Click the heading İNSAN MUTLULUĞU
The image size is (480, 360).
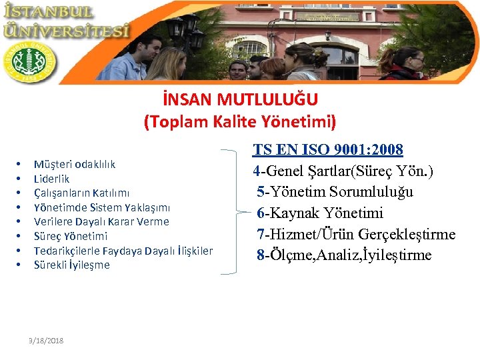(x=240, y=100)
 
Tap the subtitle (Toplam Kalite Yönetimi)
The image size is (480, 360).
(x=240, y=122)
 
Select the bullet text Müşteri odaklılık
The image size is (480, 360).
(x=75, y=164)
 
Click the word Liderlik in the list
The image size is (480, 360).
(x=51, y=179)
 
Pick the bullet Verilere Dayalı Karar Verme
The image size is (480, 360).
(x=101, y=221)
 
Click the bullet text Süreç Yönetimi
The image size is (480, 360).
(x=71, y=236)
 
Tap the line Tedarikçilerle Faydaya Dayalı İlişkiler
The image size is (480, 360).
(x=123, y=251)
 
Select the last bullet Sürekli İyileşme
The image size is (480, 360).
(x=72, y=265)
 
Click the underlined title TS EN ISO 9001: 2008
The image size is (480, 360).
(x=327, y=149)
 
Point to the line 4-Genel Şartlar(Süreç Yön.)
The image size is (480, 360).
(x=343, y=171)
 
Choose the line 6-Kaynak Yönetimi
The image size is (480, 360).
(x=321, y=213)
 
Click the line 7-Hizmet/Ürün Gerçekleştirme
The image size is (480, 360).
(x=357, y=234)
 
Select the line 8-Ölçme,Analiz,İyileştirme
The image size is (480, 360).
(x=345, y=255)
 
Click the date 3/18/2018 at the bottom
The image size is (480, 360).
(x=47, y=341)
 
